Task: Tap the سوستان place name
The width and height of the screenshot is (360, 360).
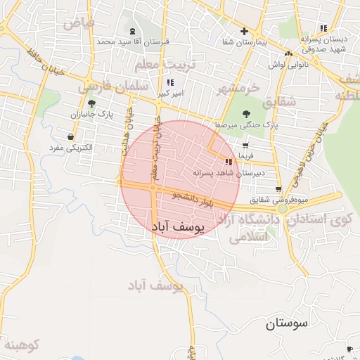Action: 288,324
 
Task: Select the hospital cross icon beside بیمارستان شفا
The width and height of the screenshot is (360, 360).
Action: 244,31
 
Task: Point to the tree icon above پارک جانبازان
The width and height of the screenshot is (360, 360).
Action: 91,103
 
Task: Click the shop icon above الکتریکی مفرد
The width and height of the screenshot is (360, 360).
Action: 70,136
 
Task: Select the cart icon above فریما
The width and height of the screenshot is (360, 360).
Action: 245,144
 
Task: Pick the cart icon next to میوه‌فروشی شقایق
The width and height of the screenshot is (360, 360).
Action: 279,188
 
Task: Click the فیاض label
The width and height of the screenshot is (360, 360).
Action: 79,23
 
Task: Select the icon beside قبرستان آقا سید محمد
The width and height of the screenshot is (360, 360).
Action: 133,31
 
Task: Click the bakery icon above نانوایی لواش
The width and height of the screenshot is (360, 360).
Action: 288,53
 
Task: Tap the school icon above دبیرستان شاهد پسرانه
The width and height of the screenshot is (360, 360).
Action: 229,162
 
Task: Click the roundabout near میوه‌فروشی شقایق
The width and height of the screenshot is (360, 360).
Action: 283,208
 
